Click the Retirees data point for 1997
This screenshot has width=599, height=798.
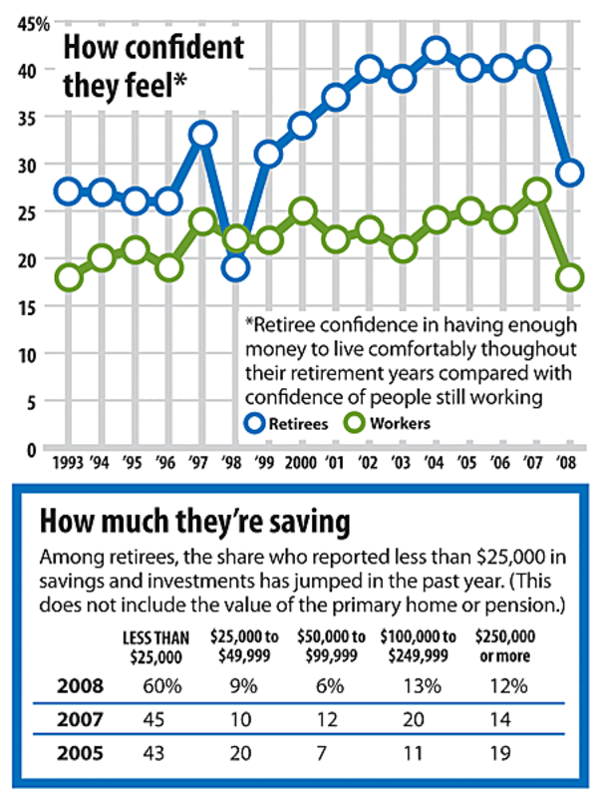click(200, 134)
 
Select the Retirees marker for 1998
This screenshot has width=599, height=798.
click(235, 266)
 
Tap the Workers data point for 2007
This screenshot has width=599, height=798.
click(536, 192)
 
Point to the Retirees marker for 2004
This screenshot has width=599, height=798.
click(435, 50)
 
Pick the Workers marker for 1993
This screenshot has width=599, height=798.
click(68, 276)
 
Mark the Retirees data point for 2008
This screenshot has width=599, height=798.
click(569, 173)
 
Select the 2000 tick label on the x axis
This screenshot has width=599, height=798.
click(300, 463)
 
